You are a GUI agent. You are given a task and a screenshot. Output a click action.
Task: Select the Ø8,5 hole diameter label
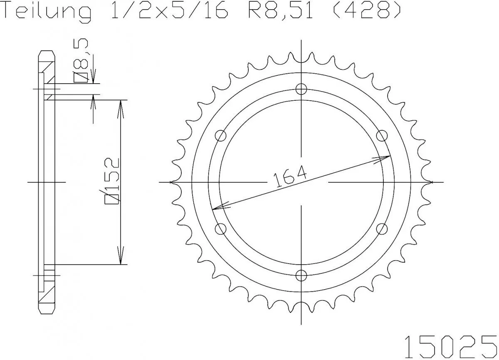[x=82, y=60]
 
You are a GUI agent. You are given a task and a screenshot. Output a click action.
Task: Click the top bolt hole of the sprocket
[x=301, y=89]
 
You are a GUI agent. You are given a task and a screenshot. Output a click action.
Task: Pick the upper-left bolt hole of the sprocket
[x=221, y=136]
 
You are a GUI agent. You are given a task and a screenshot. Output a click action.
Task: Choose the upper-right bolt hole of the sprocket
[x=382, y=136]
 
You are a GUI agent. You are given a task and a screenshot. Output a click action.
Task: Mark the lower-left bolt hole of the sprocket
[x=221, y=228]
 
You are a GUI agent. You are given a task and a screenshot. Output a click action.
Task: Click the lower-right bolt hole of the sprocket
[x=382, y=228]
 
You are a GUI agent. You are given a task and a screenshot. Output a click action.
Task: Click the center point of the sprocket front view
[x=301, y=182]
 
